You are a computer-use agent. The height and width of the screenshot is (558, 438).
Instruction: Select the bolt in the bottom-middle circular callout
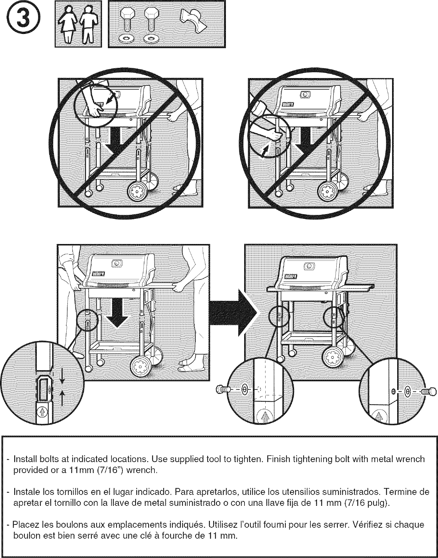pyautogui.click(x=223, y=390)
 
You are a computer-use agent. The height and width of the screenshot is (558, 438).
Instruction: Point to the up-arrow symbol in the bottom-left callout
pyautogui.click(x=42, y=412)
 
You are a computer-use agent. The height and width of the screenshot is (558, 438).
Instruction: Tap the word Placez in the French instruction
pyautogui.click(x=23, y=526)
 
